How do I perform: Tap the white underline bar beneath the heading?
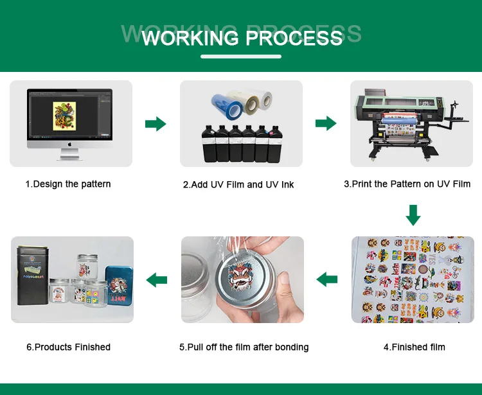tap(242, 57)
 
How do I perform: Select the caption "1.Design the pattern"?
tap(68, 184)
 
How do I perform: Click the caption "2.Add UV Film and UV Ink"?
tap(238, 184)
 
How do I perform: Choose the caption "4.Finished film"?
tap(415, 347)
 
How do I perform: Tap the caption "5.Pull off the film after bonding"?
tap(244, 347)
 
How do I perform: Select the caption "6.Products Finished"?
tap(68, 347)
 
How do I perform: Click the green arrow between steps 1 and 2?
tap(156, 124)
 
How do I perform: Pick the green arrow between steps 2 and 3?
tap(326, 124)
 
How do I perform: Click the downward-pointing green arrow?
tap(413, 215)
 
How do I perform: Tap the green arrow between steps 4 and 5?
tap(327, 279)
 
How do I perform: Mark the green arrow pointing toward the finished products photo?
tap(157, 279)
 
